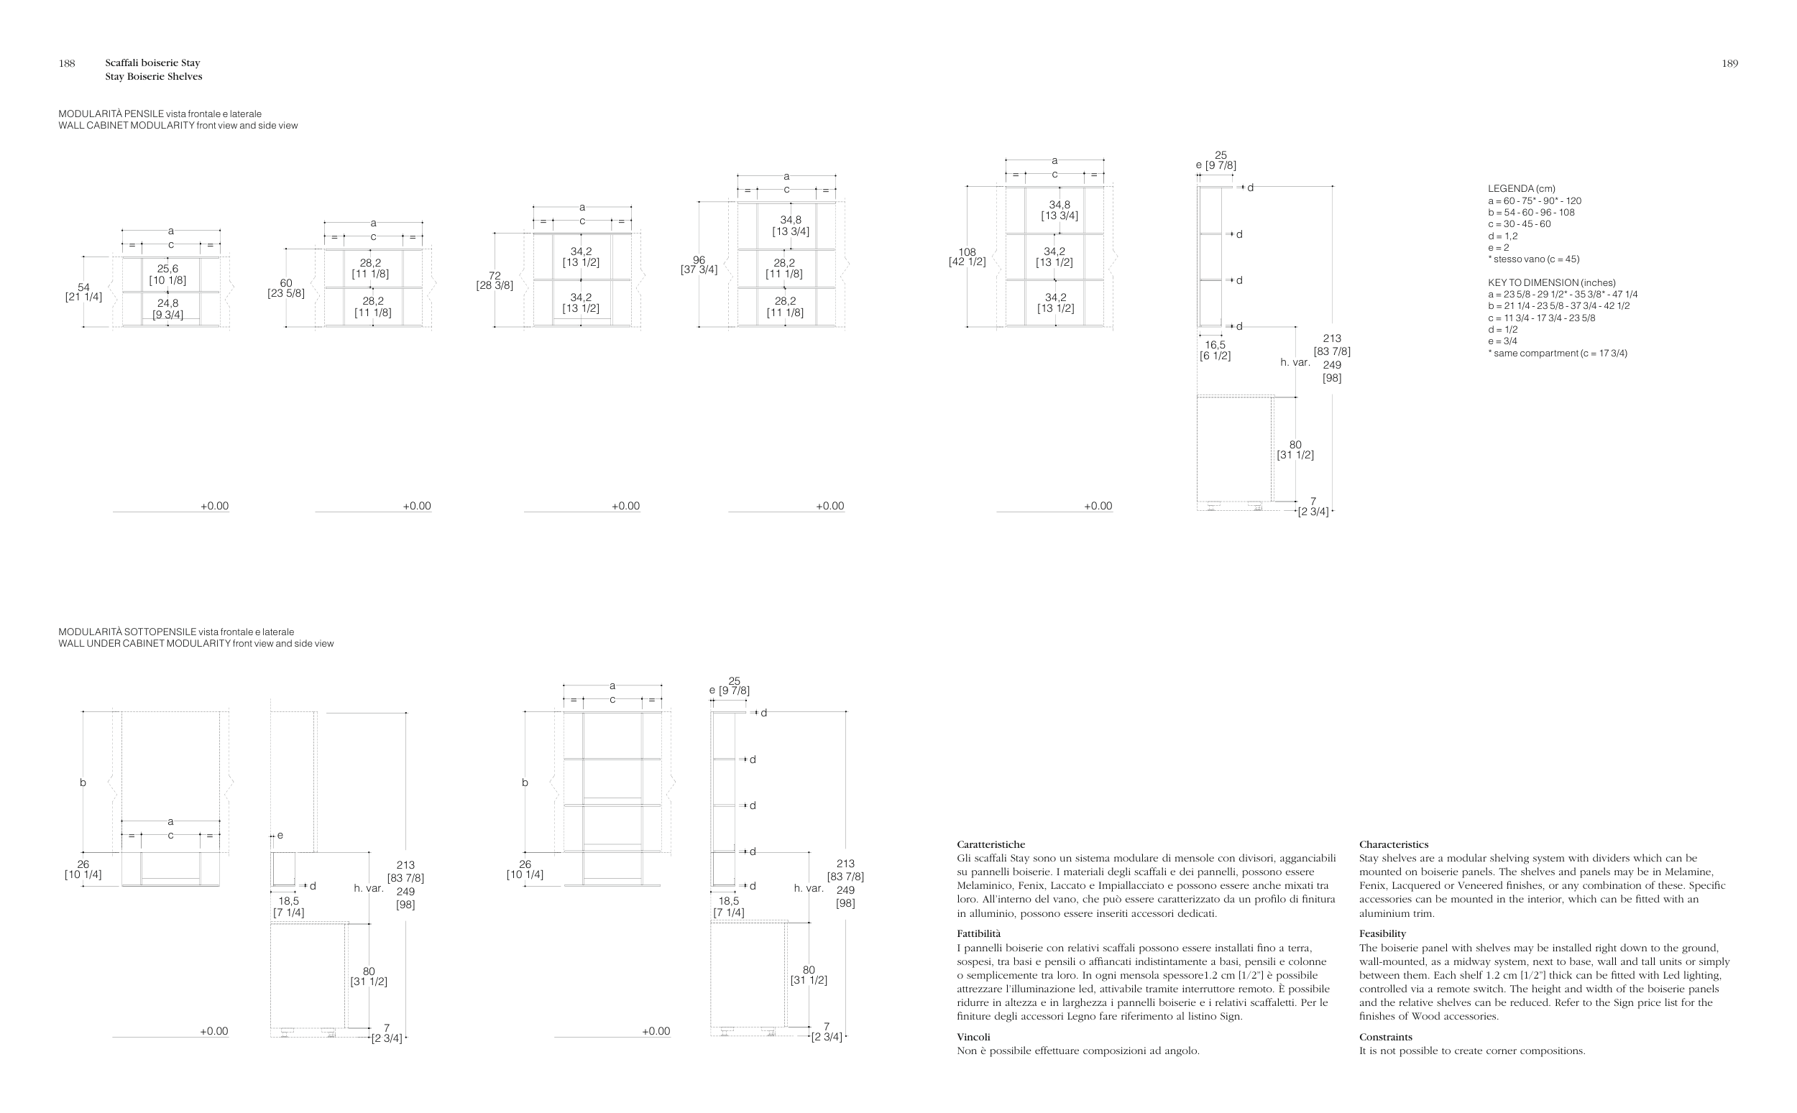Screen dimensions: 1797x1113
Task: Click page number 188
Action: pos(66,63)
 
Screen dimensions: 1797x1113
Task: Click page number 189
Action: pos(1729,63)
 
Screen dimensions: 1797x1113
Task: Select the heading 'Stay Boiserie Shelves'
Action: pos(153,77)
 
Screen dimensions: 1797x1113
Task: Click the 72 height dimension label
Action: pos(495,275)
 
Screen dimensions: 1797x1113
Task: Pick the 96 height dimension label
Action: pos(699,260)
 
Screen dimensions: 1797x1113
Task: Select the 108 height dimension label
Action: pos(967,251)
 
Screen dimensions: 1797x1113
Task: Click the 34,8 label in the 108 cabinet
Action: pos(1060,205)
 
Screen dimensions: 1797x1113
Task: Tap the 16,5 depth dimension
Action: pos(1215,344)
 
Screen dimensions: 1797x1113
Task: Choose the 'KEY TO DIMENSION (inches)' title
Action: pos(1552,282)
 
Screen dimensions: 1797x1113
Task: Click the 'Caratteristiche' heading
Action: pos(991,844)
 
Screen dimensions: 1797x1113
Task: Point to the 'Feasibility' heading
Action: pos(1382,933)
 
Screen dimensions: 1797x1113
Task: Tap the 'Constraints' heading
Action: pos(1385,1036)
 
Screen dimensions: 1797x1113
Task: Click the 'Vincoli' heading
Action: pos(973,1036)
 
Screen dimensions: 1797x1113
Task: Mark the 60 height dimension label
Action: pos(285,282)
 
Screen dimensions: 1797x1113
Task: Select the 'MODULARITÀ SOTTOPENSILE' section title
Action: pos(127,632)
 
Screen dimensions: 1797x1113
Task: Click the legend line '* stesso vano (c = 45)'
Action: pos(1533,259)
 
